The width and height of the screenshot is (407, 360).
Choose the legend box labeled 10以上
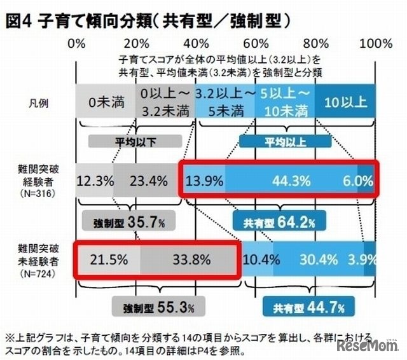[x=344, y=102]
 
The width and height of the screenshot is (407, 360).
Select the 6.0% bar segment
[x=364, y=181]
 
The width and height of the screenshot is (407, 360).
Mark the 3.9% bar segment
[x=362, y=260]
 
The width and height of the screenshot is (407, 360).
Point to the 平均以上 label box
[x=282, y=141]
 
